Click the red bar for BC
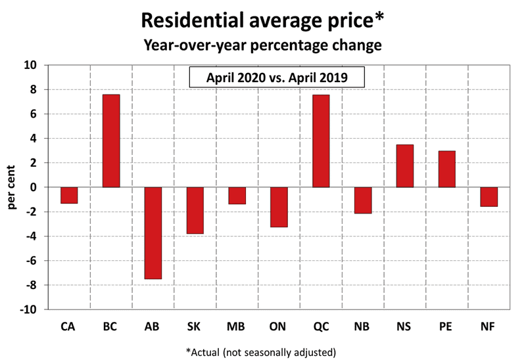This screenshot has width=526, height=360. [x=111, y=141]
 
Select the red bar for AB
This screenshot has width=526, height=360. [x=153, y=233]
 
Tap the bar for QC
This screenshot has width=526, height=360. [x=321, y=141]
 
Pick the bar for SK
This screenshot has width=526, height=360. [x=195, y=210]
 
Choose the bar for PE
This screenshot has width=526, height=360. [x=446, y=169]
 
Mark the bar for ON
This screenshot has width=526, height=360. [x=279, y=207]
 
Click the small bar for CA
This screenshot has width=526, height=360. [x=69, y=195]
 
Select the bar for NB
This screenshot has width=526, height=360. [x=362, y=200]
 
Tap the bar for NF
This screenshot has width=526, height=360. [x=489, y=197]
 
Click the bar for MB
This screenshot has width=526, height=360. [x=237, y=196]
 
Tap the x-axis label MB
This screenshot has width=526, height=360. [x=237, y=325]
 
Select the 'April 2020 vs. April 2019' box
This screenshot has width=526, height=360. [x=276, y=78]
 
